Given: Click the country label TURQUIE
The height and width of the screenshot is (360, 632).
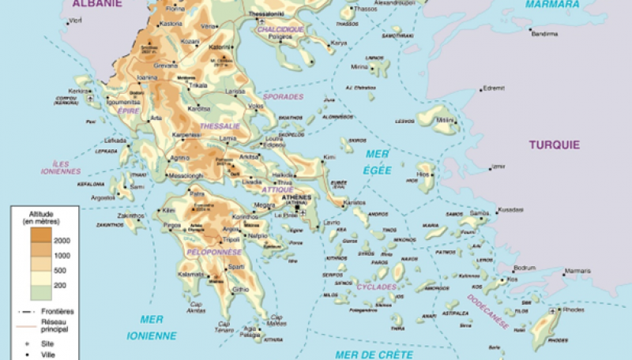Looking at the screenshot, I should [x=555, y=144].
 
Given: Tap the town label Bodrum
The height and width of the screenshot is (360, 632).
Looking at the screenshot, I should [x=525, y=267].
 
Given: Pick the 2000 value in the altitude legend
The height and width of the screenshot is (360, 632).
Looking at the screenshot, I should [x=62, y=239].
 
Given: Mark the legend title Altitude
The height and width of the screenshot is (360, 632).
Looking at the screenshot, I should [x=43, y=214].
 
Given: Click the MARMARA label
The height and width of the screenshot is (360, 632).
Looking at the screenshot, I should [x=553, y=4].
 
